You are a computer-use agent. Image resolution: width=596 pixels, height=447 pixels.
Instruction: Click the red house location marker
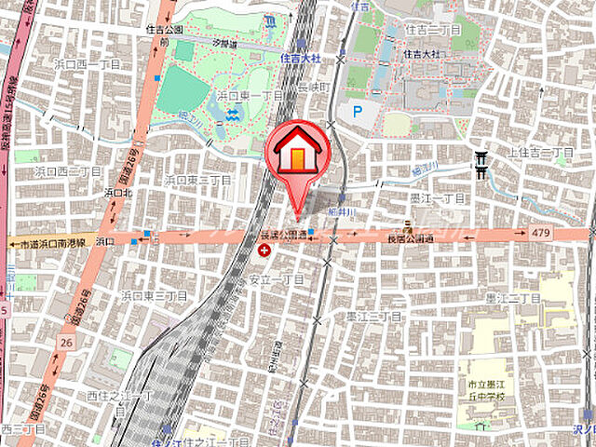point(297,149)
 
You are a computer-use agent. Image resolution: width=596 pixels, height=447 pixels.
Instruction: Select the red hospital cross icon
point(267,250)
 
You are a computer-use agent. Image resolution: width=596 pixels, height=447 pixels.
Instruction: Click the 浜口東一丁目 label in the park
point(250,96)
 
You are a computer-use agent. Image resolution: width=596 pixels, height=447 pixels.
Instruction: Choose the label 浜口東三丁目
point(154,294)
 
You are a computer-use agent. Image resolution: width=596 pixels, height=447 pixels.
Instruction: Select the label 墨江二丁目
point(512,296)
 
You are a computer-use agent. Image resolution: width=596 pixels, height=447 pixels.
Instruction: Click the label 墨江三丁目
point(372,317)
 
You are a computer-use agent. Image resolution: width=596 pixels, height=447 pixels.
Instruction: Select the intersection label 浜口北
point(117,193)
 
